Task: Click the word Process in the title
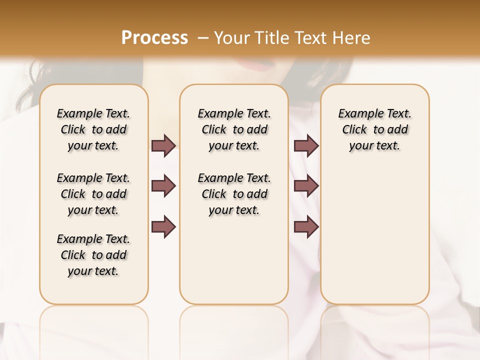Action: point(154,38)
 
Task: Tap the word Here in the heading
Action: point(353,38)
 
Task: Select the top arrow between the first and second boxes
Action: point(163,145)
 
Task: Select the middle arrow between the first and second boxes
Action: point(163,186)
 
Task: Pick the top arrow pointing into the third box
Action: point(306,145)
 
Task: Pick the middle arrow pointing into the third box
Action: point(306,186)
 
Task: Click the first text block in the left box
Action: point(93,129)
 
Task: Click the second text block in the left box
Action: point(93,194)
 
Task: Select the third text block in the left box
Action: point(93,255)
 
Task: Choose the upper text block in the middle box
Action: point(234,129)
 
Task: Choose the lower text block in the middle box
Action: point(234,194)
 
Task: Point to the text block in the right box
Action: point(374,129)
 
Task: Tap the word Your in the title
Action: point(231,38)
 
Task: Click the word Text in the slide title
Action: point(312,38)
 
